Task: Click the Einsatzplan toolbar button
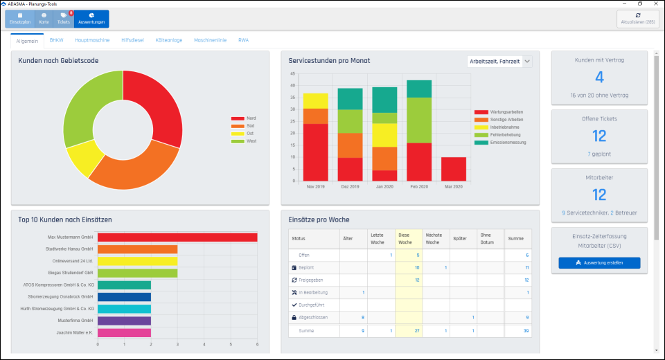(20, 19)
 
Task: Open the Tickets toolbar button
(64, 19)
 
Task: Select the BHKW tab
(56, 40)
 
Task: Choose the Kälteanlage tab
(168, 40)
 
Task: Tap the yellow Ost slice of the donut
(82, 156)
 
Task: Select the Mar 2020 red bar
(454, 168)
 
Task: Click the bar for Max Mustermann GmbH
(177, 237)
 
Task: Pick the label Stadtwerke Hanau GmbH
(69, 249)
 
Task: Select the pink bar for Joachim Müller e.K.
(124, 332)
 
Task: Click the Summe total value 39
(526, 331)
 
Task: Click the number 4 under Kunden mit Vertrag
(599, 77)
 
